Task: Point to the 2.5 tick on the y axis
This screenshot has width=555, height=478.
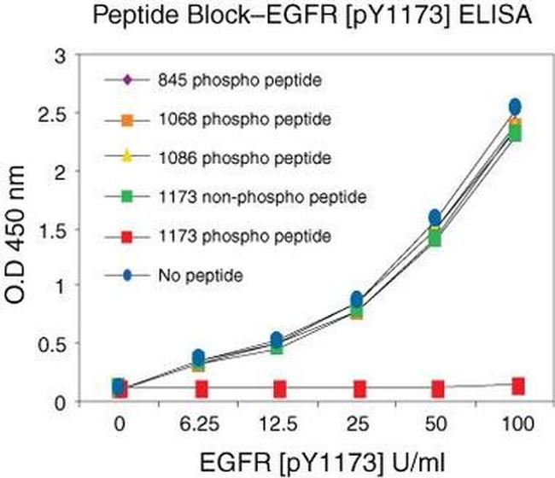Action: [x=82, y=114]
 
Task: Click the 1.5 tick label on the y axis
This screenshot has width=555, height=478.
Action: [x=82, y=229]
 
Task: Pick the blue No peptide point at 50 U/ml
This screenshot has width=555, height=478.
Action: [x=436, y=217]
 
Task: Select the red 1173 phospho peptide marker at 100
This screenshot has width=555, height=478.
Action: [x=517, y=386]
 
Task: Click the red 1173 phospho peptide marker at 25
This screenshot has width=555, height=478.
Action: [x=357, y=389]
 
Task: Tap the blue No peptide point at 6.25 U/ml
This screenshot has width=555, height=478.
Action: [x=198, y=357]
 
